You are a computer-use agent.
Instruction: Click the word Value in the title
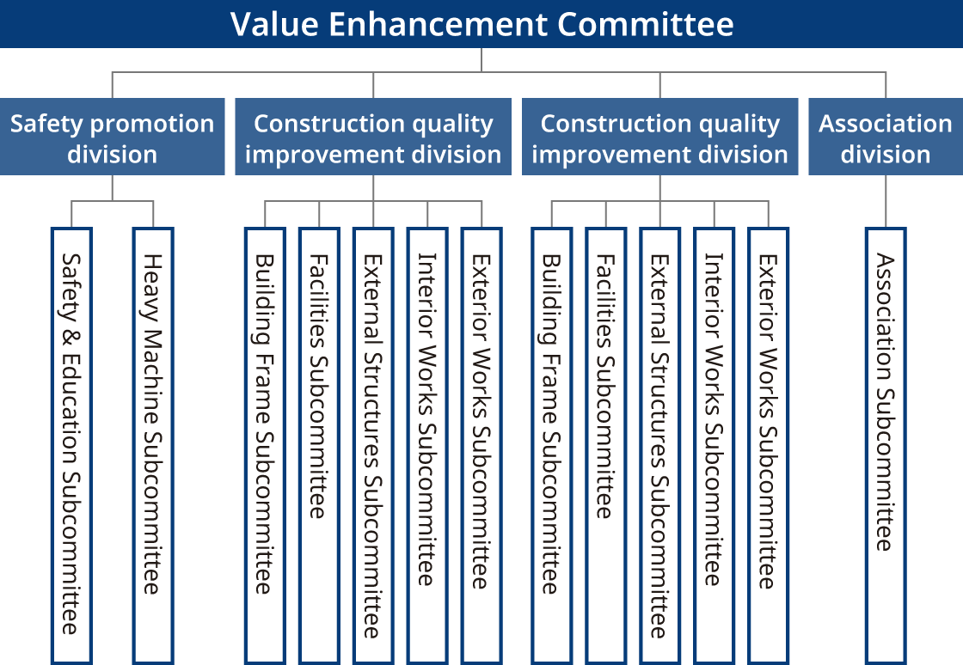pos(274,25)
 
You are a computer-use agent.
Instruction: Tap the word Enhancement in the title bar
pos(438,25)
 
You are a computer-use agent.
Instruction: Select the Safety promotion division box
pos(113,137)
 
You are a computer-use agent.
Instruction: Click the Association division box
pos(886,137)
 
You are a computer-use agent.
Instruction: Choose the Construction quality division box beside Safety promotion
pos(373,137)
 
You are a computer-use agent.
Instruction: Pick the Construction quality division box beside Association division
pos(660,137)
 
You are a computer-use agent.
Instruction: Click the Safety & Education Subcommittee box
pos(72,446)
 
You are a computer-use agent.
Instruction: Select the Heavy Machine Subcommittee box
pos(154,446)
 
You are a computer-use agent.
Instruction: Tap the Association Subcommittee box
pos(886,446)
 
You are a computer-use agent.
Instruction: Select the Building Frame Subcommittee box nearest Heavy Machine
pos(266,446)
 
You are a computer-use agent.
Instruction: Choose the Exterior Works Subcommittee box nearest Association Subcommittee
pos(769,446)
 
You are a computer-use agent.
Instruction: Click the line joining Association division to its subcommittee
pos(886,202)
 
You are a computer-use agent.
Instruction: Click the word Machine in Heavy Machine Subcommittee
pos(153,376)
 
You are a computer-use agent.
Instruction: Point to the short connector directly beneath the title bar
pos(482,60)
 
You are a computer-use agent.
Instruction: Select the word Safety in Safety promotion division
pos(47,125)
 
